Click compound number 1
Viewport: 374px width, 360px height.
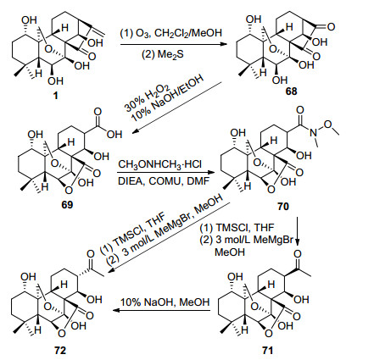click(56, 96)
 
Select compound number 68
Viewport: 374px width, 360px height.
click(292, 91)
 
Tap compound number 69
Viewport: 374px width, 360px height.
click(67, 204)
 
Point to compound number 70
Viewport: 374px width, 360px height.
click(283, 206)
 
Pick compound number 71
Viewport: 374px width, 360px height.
click(267, 350)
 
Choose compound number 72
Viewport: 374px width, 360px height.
click(60, 350)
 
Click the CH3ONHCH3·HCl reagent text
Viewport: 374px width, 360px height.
click(159, 164)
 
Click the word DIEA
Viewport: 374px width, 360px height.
click(131, 181)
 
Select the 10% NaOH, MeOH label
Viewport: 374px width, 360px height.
click(165, 302)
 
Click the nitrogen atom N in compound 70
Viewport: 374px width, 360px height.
click(313, 131)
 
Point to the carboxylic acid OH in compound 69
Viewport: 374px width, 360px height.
click(114, 135)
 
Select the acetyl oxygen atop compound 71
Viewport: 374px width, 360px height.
click(298, 254)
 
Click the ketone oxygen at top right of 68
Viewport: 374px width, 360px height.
click(331, 27)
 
